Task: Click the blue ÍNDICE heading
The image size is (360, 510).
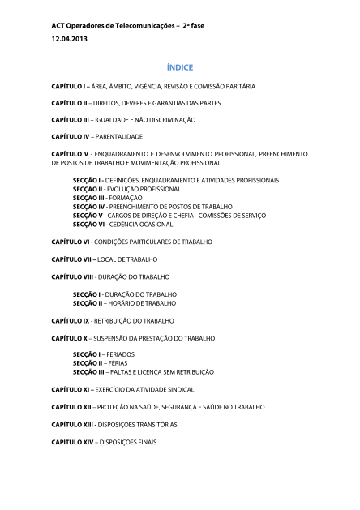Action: [x=180, y=66]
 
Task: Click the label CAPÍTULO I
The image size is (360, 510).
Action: [x=68, y=85]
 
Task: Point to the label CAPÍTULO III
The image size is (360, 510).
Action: [x=70, y=119]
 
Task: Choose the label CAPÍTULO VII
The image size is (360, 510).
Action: [x=71, y=259]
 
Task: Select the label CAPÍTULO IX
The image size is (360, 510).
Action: [x=70, y=320]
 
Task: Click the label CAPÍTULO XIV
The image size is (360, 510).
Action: [x=71, y=442]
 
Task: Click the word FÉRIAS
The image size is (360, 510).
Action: [x=115, y=363]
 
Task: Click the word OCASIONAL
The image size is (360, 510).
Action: [x=152, y=224]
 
